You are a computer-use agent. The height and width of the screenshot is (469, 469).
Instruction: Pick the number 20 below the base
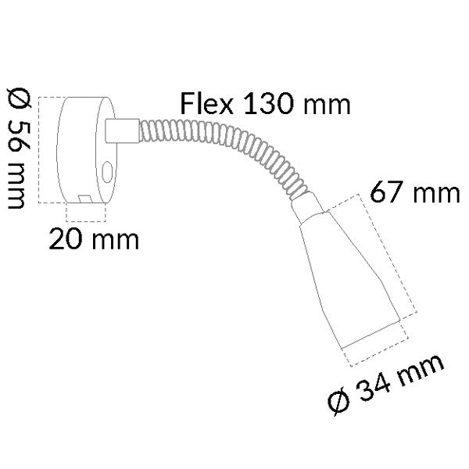[66, 238]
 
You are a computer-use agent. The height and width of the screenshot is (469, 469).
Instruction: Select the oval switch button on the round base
[106, 170]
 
